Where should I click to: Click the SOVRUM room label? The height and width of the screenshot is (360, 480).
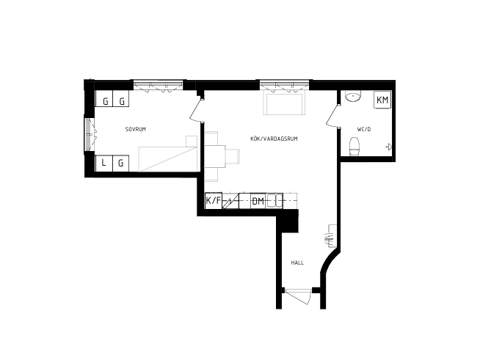pos(136,129)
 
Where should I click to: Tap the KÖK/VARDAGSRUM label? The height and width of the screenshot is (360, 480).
pos(274,139)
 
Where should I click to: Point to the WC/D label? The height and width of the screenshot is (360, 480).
pos(364,129)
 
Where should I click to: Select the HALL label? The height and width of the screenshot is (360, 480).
pos(297,262)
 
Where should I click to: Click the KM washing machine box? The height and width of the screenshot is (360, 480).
pos(382,100)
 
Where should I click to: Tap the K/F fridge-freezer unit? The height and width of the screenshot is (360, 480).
pos(213,201)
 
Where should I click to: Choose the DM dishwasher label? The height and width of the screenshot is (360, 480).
pos(258,201)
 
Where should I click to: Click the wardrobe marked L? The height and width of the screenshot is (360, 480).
pos(103,164)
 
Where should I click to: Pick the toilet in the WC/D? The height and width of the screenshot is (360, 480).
pos(354,147)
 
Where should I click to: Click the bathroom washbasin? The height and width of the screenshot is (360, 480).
pos(353,96)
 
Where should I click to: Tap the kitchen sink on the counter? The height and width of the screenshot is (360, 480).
pos(274,201)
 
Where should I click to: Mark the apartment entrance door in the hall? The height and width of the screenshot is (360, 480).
pos(299,296)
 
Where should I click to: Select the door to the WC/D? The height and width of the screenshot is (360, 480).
pos(332,115)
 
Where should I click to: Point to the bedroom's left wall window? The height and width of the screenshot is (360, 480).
pos(90,134)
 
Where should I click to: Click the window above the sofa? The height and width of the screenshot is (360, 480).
pos(284,85)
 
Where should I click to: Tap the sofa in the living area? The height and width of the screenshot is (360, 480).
pos(284,104)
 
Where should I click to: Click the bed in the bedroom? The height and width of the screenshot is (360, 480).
pos(168,159)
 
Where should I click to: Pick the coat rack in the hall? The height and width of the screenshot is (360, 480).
pos(332,236)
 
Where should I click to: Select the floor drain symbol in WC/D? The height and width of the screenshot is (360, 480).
pos(389,147)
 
